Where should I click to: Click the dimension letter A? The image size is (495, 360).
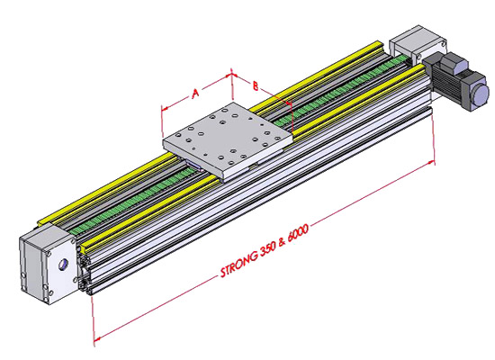[x=193, y=93]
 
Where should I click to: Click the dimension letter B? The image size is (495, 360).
[x=256, y=86]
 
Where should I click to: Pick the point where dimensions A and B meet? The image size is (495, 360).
[x=232, y=76]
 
